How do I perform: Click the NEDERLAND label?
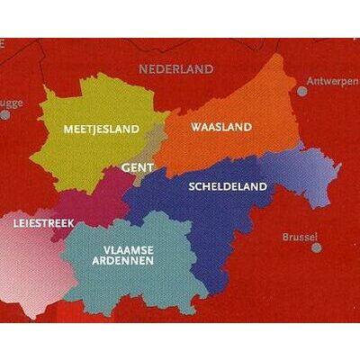[x=176, y=68]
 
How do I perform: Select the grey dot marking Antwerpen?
[x=302, y=90]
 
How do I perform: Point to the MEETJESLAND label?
[x=102, y=130]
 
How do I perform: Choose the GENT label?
[x=137, y=167]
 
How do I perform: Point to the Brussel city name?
[x=300, y=238]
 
